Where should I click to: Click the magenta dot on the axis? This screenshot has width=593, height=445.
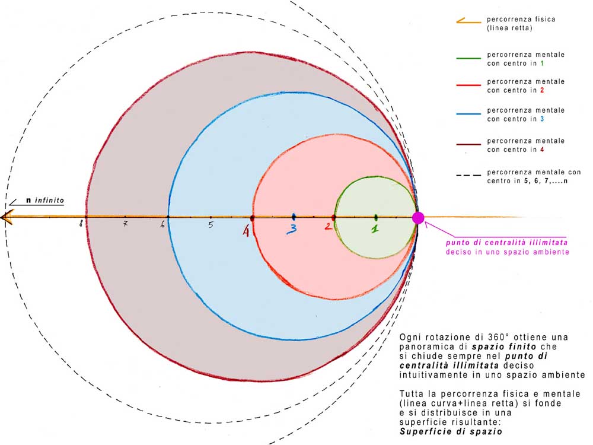418,218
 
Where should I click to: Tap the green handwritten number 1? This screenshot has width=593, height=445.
374,229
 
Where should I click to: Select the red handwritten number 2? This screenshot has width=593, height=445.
328,226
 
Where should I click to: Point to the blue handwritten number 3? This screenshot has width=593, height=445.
292,229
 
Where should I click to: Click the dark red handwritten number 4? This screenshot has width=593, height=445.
246,231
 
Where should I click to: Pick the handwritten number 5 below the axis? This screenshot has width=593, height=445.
211,225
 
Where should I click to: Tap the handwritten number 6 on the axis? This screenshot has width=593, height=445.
162,224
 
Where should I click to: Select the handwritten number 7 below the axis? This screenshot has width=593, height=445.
125,224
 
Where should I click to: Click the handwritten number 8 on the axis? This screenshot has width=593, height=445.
81,224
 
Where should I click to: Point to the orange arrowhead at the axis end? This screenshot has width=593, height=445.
7,217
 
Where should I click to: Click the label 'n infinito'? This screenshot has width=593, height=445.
45,200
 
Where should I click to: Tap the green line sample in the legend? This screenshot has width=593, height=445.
468,58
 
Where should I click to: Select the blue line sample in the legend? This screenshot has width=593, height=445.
468,114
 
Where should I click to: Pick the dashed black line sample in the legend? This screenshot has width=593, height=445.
468,175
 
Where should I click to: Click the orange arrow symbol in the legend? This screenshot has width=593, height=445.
468,21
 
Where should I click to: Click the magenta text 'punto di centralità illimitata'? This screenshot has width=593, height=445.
507,243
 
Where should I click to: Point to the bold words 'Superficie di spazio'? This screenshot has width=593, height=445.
451,431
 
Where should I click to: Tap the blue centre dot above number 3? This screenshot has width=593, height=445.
294,217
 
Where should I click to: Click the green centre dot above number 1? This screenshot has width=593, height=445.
376,217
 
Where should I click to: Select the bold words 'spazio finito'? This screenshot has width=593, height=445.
504,347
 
